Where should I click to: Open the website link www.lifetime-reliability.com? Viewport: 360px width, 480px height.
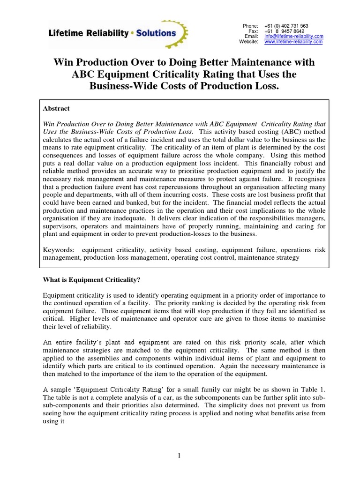293,42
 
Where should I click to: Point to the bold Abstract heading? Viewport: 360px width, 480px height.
56,108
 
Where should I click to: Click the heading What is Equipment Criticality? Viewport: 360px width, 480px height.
89,280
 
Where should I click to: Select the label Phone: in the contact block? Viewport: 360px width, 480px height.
250,25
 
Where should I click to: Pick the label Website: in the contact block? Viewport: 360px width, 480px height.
248,42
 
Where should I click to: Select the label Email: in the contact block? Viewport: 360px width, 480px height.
251,36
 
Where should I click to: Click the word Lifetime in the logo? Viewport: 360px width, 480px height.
67,33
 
